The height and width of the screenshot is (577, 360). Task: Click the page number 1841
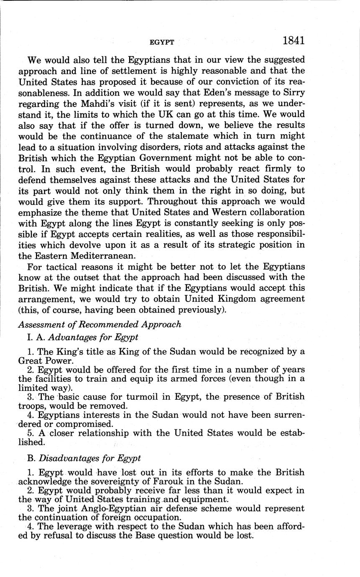click(x=293, y=41)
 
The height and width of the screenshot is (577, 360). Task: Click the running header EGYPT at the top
click(x=162, y=42)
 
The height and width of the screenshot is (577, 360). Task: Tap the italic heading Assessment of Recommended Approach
click(x=100, y=324)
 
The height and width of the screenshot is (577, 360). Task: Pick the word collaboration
click(x=274, y=212)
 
